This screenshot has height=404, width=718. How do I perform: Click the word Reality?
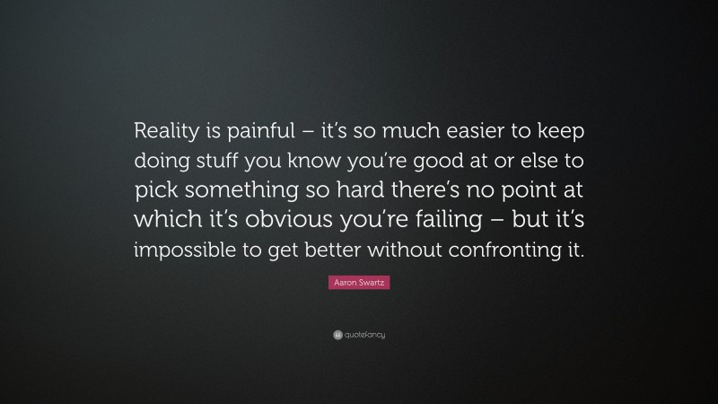point(168,131)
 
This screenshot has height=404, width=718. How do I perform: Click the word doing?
point(162,162)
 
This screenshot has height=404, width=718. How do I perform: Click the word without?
point(409,251)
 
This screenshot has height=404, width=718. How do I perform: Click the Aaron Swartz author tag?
point(359,283)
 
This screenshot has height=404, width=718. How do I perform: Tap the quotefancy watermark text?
point(364,335)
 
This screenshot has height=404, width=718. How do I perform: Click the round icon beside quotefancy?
point(337,335)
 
